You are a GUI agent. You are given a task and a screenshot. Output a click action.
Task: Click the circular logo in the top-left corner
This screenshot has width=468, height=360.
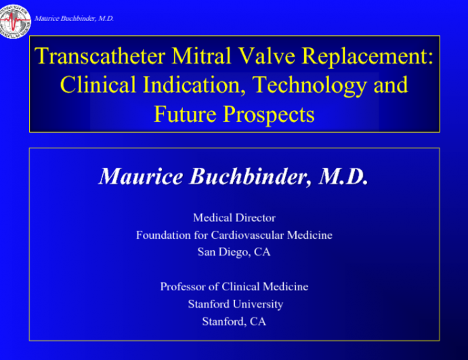pyautogui.click(x=15, y=18)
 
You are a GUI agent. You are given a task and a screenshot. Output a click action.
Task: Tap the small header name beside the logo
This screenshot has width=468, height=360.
pyautogui.click(x=74, y=18)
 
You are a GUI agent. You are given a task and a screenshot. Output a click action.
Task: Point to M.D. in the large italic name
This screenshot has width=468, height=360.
pyautogui.click(x=343, y=177)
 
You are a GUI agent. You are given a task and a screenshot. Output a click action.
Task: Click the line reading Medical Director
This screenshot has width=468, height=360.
pyautogui.click(x=234, y=218)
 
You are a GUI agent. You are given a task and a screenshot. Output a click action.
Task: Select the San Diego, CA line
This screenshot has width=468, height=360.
pyautogui.click(x=234, y=252)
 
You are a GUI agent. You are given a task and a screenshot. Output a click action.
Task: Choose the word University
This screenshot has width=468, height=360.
pyautogui.click(x=258, y=305)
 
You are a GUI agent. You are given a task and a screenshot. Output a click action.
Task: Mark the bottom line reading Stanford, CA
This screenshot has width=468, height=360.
pyautogui.click(x=234, y=321)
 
